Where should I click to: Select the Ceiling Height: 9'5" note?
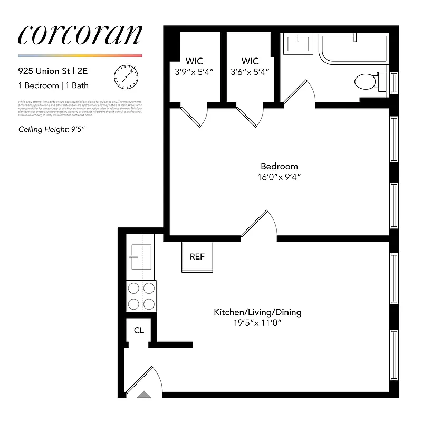point(52,129)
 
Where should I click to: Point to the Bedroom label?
point(280,166)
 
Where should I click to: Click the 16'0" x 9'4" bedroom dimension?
point(280,177)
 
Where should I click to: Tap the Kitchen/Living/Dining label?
point(257,312)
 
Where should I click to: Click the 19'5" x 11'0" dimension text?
point(257,323)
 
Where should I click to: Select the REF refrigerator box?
point(197,257)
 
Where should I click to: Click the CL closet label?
point(139,331)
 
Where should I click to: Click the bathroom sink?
point(299,43)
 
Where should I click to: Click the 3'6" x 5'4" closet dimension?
point(250,72)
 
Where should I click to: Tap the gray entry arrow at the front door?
point(144,394)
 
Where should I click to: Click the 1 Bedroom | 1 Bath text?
point(53,84)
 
